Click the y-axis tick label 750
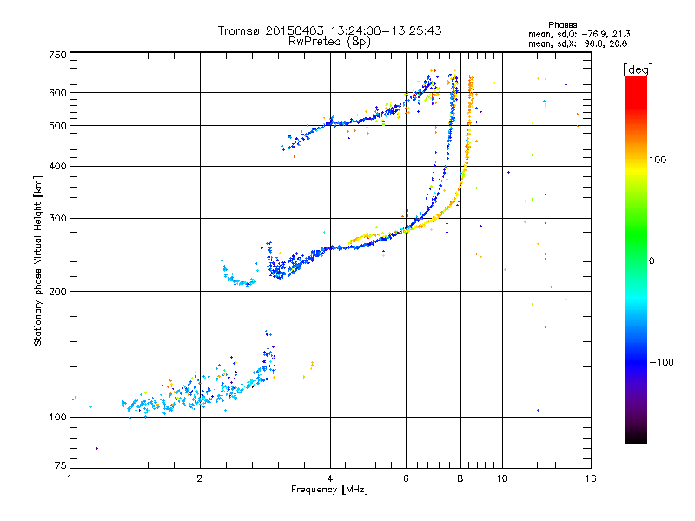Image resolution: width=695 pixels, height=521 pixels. tap(57, 56)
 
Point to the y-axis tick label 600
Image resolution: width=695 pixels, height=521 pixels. tap(57, 93)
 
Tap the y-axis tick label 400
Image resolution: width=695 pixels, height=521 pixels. tap(57, 167)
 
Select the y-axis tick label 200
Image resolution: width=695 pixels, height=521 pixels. tap(57, 292)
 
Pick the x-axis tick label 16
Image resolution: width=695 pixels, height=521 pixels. tap(590, 478)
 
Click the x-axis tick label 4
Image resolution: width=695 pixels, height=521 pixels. tap(330, 478)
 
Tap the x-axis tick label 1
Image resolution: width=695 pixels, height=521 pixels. tap(69, 478)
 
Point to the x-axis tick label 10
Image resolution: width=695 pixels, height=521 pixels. tap(501, 478)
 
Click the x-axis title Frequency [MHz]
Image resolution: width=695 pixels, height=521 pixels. tap(330, 491)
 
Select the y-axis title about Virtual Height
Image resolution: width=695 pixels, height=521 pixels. tap(38, 260)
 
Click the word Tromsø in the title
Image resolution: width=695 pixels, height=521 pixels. tap(239, 30)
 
